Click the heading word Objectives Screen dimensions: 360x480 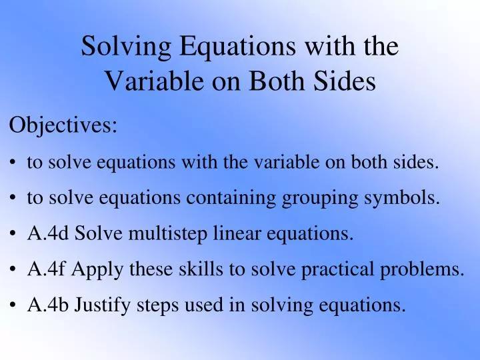coord(63,125)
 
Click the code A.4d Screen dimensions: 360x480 coord(48,233)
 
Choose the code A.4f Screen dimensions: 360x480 coord(47,269)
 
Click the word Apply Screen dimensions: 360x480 coord(95,269)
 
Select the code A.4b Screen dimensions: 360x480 coord(48,305)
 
